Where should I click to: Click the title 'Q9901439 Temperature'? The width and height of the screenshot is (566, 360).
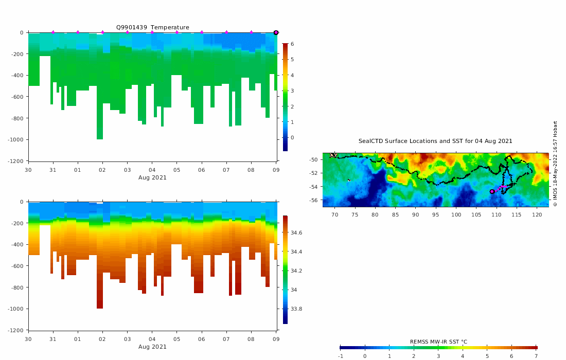point(152,27)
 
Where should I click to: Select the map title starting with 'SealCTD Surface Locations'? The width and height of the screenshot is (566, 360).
point(435,141)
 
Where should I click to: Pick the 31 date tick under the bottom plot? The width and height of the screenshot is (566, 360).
point(53,339)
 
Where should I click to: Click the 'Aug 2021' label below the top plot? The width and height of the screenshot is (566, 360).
point(152,178)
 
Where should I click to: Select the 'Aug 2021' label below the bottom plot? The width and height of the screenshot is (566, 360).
point(152,347)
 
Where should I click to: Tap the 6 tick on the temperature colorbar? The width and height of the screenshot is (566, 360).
point(292,44)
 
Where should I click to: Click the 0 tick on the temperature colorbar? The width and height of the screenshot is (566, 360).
point(292,138)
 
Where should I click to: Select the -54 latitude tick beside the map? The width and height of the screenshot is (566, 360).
point(314,187)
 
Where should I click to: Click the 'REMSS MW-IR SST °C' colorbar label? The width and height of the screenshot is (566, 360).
point(438,342)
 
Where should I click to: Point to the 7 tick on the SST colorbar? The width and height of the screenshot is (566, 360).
point(536,356)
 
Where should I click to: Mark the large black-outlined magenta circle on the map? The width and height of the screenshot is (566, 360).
point(492,191)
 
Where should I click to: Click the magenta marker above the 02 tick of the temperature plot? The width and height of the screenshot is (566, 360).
point(102,32)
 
